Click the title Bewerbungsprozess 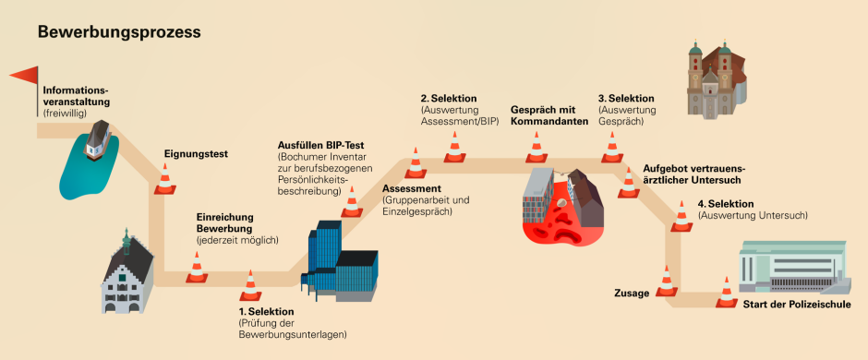[119, 32]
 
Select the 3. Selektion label [626, 98]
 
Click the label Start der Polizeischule [792, 304]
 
